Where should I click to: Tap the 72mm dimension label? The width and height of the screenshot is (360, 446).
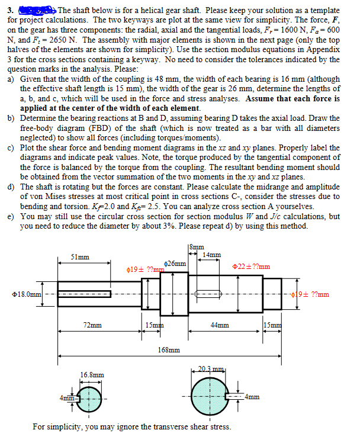click(x=92, y=325)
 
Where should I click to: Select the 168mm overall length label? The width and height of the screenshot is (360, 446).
click(x=169, y=350)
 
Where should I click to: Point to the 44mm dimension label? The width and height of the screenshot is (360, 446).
click(x=219, y=325)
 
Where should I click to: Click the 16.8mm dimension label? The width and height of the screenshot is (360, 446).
click(x=92, y=374)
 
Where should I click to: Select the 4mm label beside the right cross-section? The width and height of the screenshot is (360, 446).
click(x=253, y=397)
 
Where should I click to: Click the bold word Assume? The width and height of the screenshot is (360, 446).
click(x=261, y=98)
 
